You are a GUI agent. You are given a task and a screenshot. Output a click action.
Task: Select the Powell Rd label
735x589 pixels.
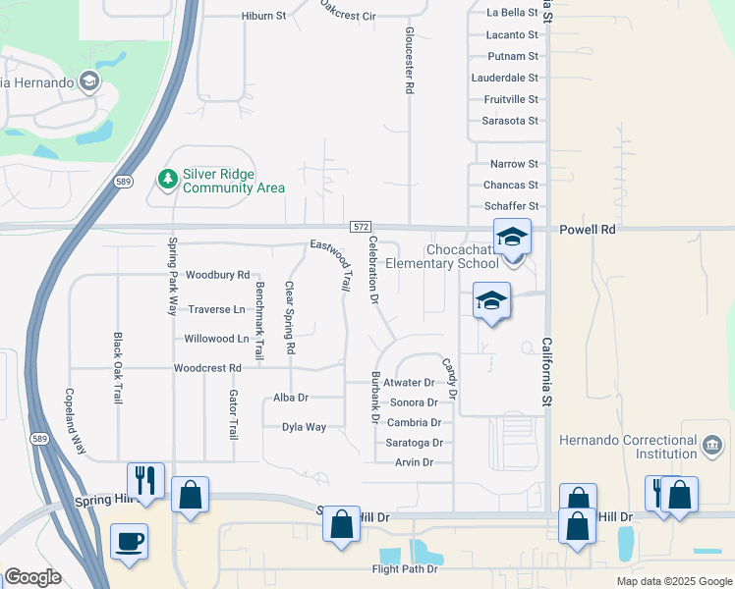pyautogui.click(x=588, y=229)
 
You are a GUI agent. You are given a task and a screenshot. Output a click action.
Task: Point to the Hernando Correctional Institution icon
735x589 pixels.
pyautogui.click(x=710, y=446)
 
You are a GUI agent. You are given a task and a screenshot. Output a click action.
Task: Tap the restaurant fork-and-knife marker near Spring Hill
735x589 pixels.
pyautogui.click(x=145, y=481)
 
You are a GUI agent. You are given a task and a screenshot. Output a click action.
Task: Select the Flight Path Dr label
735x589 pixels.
pyautogui.click(x=404, y=569)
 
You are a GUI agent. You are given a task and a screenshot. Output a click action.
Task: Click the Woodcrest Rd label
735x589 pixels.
pyautogui.click(x=207, y=368)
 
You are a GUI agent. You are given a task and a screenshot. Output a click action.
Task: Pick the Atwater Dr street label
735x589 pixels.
pyautogui.click(x=410, y=383)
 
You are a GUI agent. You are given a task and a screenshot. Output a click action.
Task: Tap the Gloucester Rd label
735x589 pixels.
pyautogui.click(x=409, y=61)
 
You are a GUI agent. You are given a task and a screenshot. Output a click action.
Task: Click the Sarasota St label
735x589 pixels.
pyautogui.click(x=510, y=121)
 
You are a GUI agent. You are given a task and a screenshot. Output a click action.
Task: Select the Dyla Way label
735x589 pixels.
pyautogui.click(x=304, y=427)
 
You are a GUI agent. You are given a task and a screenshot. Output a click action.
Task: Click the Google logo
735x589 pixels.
pyautogui.click(x=33, y=577)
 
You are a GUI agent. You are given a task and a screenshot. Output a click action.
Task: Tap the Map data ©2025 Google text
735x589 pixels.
pyautogui.click(x=673, y=581)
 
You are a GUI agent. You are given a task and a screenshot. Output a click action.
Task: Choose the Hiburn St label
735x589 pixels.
pyautogui.click(x=263, y=17)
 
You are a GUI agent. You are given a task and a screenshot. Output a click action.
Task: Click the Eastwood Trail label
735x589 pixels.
pyautogui.click(x=330, y=264)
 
